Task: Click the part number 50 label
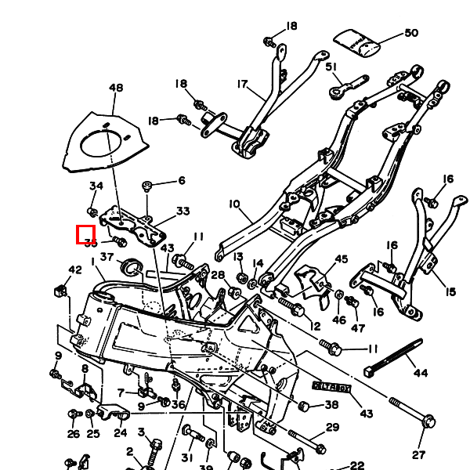coord(411,33)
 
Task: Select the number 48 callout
coord(116,88)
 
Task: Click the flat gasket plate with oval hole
coord(105,146)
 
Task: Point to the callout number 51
coord(331,67)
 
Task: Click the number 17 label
coord(241,84)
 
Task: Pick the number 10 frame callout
coord(234,204)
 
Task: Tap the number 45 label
coord(341,259)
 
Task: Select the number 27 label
coord(418,454)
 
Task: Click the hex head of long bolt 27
coord(428,422)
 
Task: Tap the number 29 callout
coord(333,427)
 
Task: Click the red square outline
coord(85,234)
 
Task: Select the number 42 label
coord(74,270)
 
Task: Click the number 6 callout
coord(182,181)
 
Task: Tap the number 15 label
coord(450,292)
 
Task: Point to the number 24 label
coord(121,432)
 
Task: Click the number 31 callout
coord(186,457)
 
